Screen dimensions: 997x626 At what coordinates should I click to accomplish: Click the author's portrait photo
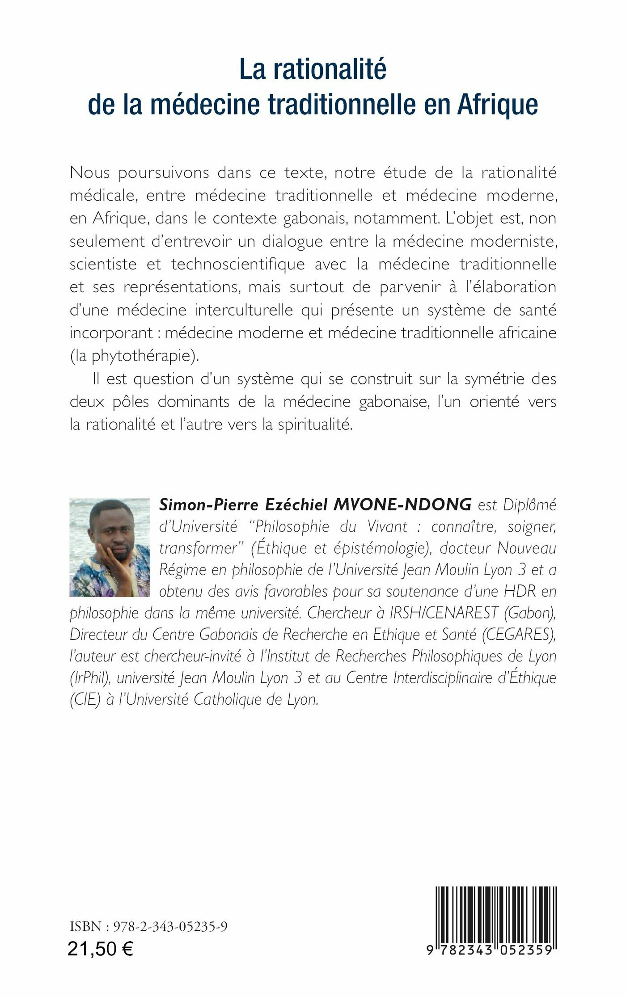[110, 547]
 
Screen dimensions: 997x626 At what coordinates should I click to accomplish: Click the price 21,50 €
[100, 948]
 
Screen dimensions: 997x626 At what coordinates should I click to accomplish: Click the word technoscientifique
[238, 264]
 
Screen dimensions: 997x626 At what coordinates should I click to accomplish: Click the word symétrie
[493, 379]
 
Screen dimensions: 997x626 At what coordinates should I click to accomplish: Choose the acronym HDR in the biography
[520, 591]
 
